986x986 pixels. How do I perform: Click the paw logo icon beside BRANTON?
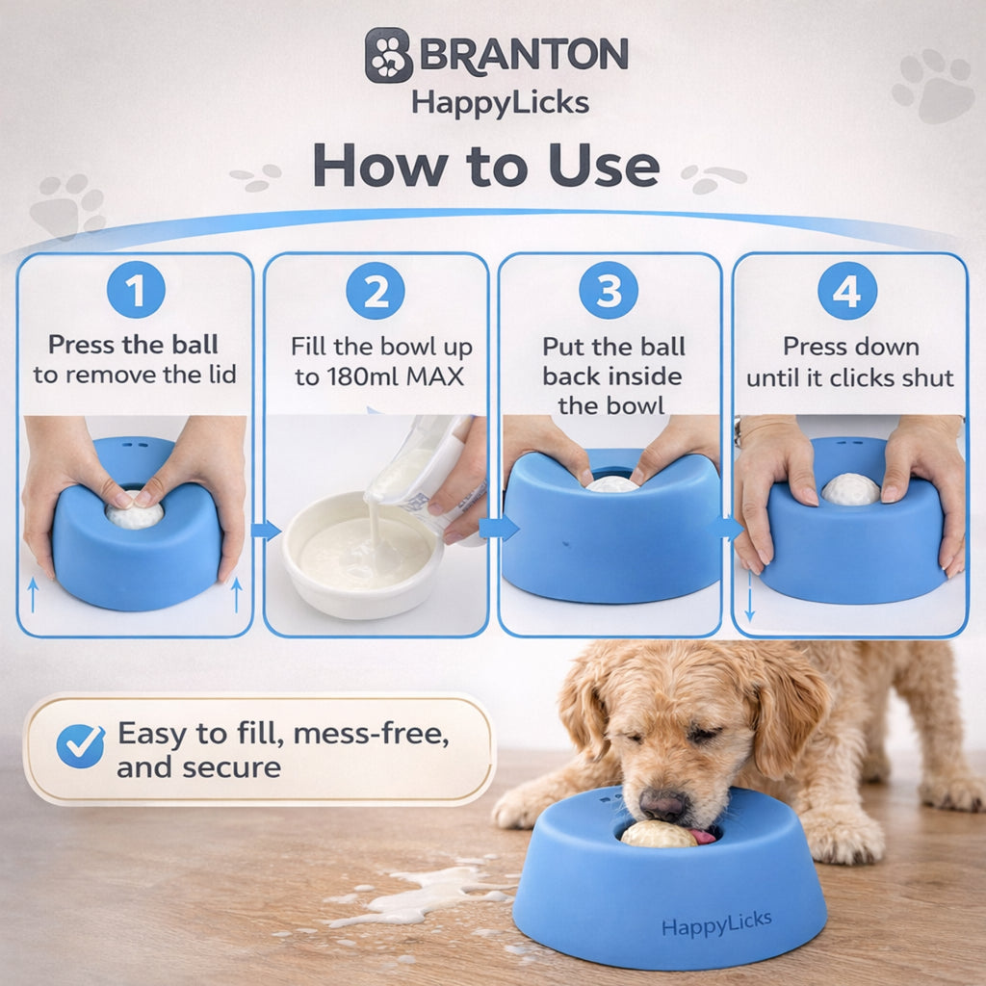[x=389, y=55]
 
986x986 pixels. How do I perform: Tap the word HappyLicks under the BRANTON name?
[x=500, y=102]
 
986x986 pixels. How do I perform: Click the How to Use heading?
[x=486, y=166]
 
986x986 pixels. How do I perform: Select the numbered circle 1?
[x=136, y=290]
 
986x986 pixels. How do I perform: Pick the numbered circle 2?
[x=376, y=290]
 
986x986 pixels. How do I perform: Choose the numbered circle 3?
[x=609, y=290]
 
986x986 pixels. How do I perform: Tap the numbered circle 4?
[x=847, y=290]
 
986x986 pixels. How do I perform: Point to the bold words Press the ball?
[x=134, y=345]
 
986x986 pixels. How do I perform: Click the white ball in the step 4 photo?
[x=850, y=489]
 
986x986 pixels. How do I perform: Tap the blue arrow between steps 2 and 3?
[x=498, y=528]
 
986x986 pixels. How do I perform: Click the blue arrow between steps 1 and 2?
[x=266, y=530]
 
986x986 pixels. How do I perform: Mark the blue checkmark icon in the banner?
[x=81, y=745]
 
